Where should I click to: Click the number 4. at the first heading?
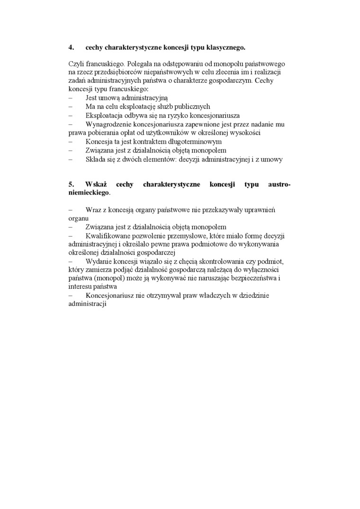tap(72, 47)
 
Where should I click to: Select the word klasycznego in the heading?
tap(225, 47)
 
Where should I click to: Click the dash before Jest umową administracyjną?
tap(70, 98)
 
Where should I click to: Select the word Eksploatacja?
tap(105, 115)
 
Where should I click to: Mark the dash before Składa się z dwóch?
tap(70, 160)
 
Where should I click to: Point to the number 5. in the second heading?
tap(72, 185)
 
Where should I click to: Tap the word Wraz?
tap(93, 210)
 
